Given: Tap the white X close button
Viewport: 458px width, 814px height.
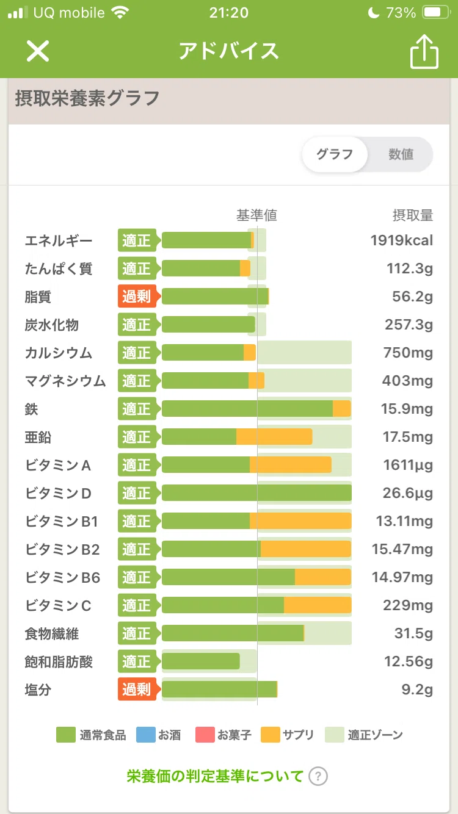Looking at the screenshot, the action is [37, 51].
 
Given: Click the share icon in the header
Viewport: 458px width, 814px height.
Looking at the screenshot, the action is [424, 52].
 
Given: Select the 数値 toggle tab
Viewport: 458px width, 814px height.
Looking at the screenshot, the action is [401, 154].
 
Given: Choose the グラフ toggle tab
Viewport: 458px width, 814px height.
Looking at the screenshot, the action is [335, 154].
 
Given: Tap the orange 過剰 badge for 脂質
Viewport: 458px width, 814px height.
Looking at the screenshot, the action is [137, 297].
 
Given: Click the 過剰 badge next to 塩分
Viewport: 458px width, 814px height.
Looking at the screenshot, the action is [137, 689].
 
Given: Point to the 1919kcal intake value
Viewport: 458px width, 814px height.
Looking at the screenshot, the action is [402, 240].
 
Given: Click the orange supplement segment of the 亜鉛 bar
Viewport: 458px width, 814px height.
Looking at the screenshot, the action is [274, 436].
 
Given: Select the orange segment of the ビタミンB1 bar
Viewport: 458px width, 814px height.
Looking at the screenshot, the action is [300, 520].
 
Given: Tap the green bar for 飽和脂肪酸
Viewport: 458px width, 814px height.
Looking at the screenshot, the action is [201, 661].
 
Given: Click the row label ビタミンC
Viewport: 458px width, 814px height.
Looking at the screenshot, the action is [58, 605].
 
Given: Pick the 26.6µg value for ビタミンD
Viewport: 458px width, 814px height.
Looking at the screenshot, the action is [407, 493].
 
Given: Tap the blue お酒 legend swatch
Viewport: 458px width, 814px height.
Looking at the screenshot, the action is [146, 735].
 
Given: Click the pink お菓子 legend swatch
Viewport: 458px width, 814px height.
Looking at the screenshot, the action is [205, 735].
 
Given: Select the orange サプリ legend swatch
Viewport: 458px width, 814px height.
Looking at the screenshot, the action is [271, 735].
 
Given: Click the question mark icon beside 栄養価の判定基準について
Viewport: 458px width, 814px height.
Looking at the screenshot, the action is [318, 777].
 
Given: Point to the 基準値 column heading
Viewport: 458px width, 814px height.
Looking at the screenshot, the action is [257, 215].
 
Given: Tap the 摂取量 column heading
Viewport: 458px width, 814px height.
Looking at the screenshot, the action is [413, 215].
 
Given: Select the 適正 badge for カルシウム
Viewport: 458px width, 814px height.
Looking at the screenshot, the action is [137, 353].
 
